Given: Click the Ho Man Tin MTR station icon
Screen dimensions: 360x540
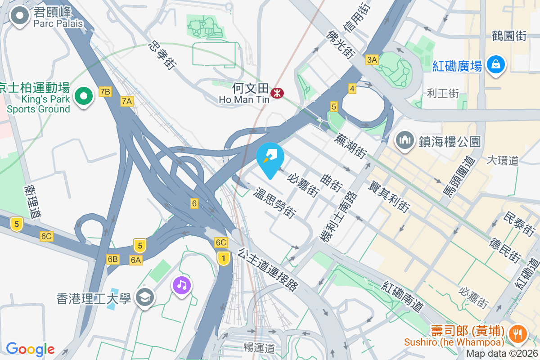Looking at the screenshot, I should (276, 93).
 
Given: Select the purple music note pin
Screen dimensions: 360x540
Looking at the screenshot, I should (181, 284).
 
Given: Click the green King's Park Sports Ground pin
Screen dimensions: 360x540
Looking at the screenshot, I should (83, 95).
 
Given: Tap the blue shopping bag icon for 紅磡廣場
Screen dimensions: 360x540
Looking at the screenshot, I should (495, 64).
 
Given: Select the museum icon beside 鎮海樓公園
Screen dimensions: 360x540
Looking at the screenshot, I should (405, 140).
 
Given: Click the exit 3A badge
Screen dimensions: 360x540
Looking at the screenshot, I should (372, 60).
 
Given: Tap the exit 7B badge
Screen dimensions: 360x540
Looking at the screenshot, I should (105, 92).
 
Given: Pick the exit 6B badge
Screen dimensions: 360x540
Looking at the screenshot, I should (112, 259).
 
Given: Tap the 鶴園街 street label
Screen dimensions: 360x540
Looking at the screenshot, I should (509, 36).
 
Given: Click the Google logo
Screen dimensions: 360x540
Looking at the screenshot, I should (30, 349).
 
